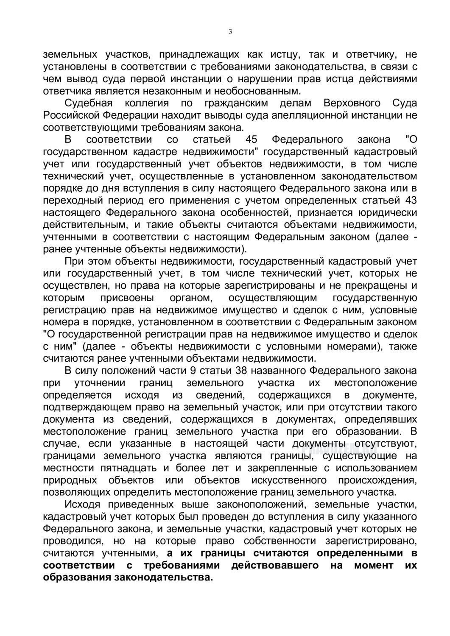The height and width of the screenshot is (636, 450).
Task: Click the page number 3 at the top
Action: [x=230, y=31]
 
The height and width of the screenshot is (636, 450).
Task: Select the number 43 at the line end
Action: [x=409, y=200]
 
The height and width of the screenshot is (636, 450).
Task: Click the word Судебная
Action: [x=88, y=103]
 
